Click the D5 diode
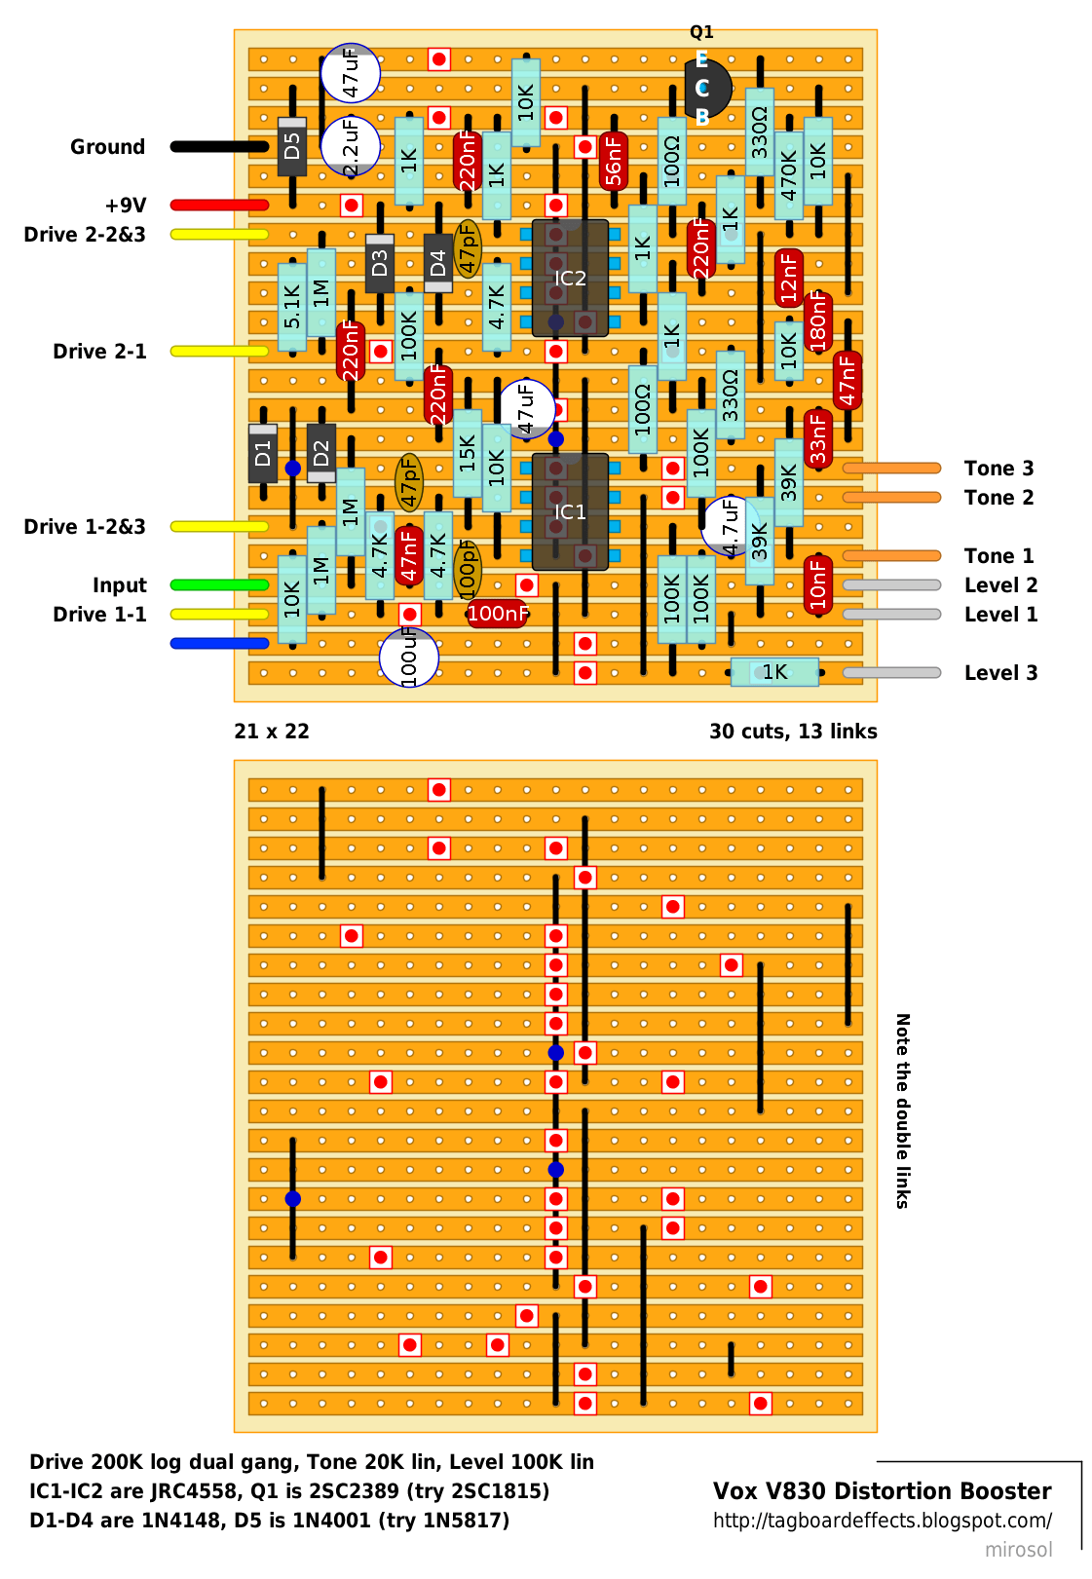(x=292, y=147)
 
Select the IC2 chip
(x=570, y=278)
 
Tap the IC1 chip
(x=570, y=511)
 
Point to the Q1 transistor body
(x=708, y=88)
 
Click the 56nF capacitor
(x=614, y=162)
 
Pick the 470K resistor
(x=788, y=175)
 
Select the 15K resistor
(x=468, y=453)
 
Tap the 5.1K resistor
(x=292, y=307)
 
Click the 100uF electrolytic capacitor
(x=409, y=657)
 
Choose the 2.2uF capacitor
(x=351, y=147)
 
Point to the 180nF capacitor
(x=817, y=321)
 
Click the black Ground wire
(x=219, y=147)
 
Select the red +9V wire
(x=219, y=206)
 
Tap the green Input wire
(x=219, y=584)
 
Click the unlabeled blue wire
(x=219, y=643)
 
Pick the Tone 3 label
(x=998, y=469)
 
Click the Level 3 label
(x=1000, y=672)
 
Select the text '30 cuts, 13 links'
(x=792, y=731)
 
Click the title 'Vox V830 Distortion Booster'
(x=882, y=1491)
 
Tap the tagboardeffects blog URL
(x=882, y=1521)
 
